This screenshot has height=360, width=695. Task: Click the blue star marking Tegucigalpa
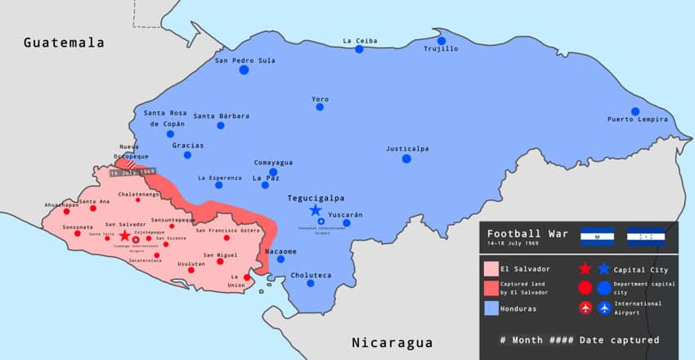[x=316, y=210]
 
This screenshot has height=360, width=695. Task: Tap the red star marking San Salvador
[x=124, y=236]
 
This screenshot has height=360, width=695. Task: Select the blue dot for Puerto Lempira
[x=634, y=111]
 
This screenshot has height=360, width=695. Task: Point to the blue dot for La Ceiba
[x=359, y=49]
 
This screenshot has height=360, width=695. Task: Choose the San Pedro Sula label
[x=244, y=60]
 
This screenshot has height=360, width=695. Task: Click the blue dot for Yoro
[x=320, y=106]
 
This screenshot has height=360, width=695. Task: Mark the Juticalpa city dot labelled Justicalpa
[x=406, y=158]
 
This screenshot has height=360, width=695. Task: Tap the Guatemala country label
[x=64, y=42]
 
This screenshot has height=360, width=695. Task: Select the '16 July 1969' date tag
[x=132, y=172]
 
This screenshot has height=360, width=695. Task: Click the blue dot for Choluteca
[x=310, y=283]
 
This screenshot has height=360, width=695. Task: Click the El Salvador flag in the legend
[x=597, y=236]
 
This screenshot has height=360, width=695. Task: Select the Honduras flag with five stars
[x=645, y=236]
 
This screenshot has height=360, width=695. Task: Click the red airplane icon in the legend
[x=585, y=308]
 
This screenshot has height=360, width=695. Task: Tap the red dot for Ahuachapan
[x=69, y=210]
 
